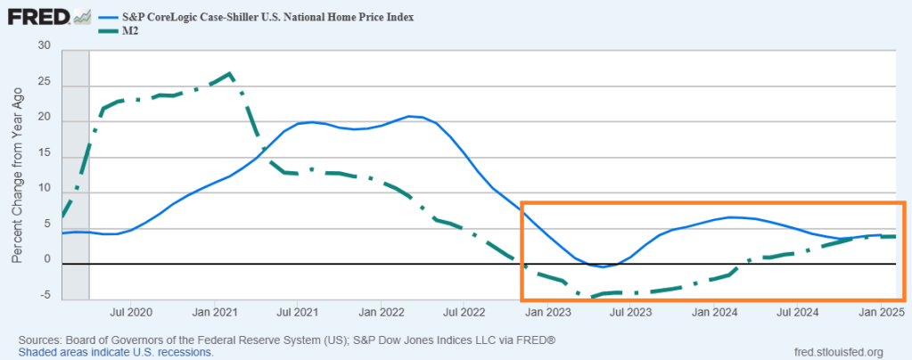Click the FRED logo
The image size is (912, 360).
click(x=40, y=17)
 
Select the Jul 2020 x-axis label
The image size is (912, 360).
click(x=131, y=313)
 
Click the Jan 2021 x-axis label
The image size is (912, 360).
click(x=213, y=313)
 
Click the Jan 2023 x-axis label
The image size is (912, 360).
click(x=546, y=313)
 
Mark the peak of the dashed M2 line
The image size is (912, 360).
click(x=230, y=73)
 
